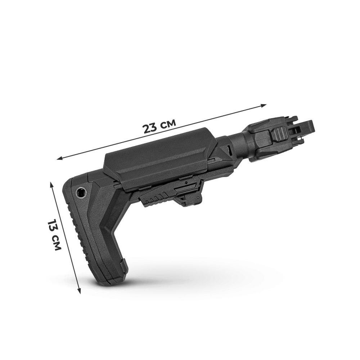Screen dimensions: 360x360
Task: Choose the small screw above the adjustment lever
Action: coord(185,183)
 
